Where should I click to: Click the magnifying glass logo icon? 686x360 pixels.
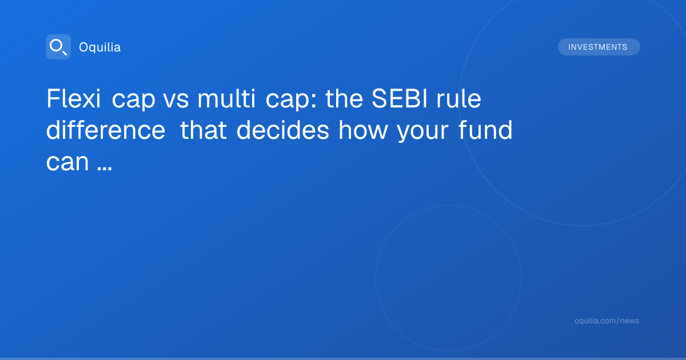58,47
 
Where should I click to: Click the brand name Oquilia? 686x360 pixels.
100,47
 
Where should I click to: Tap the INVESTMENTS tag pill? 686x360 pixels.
599,47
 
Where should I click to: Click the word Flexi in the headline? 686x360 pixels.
74,98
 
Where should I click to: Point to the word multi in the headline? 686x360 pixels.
226,98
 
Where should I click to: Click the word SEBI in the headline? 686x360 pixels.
400,98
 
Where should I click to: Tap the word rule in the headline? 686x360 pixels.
458,98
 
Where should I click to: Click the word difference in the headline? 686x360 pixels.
106,130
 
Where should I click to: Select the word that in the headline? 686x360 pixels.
204,130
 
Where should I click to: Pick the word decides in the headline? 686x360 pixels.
282,130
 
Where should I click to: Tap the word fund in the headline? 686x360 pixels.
485,130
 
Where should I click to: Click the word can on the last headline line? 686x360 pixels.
67,162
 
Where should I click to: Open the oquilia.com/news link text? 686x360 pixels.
607,321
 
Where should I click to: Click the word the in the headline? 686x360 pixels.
344,98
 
